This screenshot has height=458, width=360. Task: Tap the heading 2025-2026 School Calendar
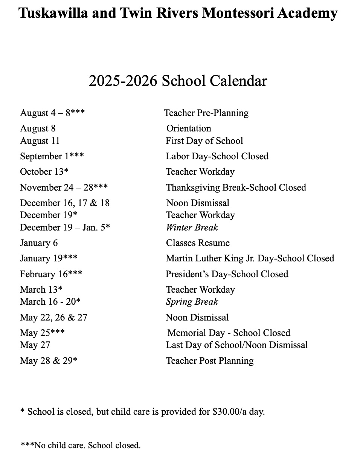click(178, 81)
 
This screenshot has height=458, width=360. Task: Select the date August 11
click(40, 141)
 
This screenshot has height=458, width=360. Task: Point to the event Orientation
click(189, 128)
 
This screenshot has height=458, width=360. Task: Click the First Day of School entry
click(204, 141)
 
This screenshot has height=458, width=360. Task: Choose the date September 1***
click(52, 156)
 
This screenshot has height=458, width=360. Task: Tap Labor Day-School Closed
click(217, 156)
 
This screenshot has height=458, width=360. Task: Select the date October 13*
click(44, 172)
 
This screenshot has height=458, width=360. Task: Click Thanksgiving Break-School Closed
click(236, 188)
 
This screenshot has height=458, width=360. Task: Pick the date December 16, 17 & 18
click(65, 203)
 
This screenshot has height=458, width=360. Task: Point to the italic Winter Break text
click(192, 227)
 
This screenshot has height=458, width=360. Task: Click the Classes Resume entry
click(198, 243)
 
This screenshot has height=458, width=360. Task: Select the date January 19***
click(49, 258)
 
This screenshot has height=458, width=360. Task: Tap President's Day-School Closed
click(227, 274)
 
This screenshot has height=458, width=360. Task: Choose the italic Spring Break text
click(192, 302)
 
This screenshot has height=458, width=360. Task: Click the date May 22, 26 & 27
click(53, 318)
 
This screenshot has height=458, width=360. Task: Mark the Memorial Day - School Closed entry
click(229, 333)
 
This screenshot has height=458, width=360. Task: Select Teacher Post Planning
click(209, 361)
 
